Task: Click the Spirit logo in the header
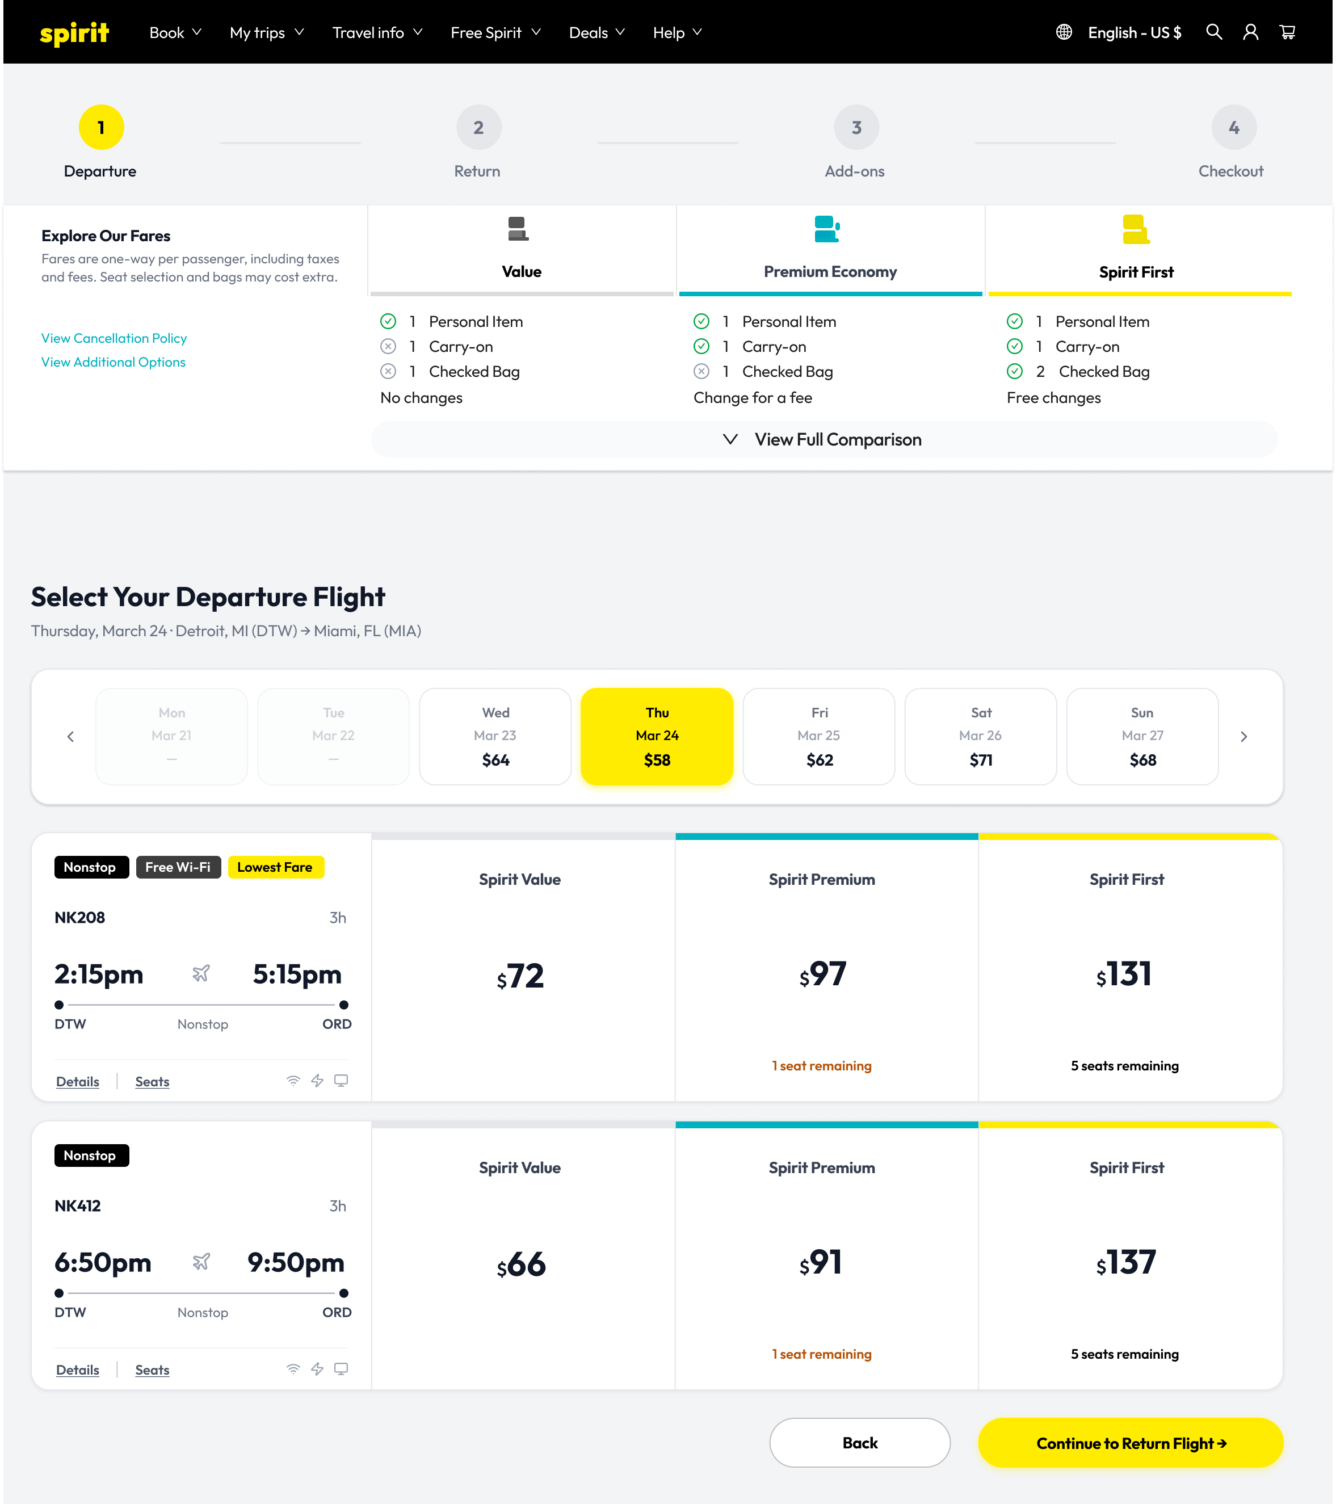(74, 33)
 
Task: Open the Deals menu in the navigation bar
(596, 32)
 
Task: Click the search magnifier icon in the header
(1214, 32)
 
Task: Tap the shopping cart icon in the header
(1287, 32)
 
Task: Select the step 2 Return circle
(478, 127)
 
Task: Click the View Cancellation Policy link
(114, 338)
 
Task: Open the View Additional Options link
(114, 362)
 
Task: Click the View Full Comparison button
(824, 439)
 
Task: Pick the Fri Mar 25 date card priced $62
(819, 737)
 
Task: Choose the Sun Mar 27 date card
(1142, 737)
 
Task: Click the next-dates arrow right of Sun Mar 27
(1244, 737)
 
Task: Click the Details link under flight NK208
(77, 1082)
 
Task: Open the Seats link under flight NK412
(152, 1370)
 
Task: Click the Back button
(860, 1443)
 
